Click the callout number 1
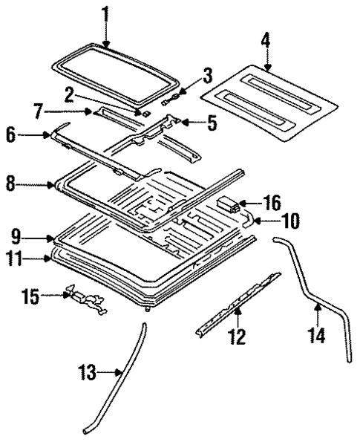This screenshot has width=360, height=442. point(105,13)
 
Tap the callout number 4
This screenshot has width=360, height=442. point(266,42)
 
